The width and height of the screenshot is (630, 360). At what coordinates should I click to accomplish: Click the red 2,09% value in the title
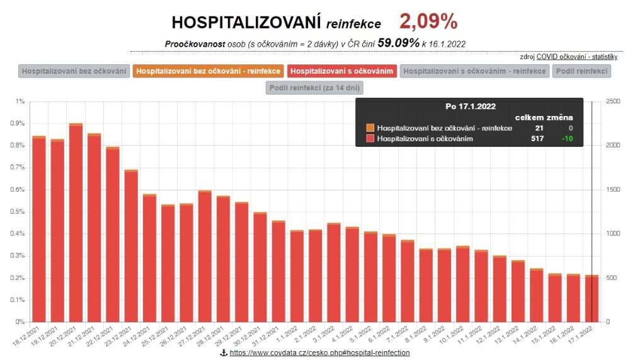428,22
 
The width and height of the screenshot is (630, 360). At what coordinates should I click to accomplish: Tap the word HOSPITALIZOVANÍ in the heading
247,23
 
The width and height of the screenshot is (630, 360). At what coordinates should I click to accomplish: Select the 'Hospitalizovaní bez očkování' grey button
75,71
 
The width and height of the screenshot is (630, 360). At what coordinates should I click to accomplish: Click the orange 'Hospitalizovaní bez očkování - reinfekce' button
208,71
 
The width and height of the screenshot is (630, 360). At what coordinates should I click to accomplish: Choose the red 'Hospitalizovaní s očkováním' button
342,71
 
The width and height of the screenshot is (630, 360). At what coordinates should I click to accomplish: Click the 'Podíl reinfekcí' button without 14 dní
582,71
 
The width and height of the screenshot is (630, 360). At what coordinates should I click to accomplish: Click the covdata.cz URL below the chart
319,353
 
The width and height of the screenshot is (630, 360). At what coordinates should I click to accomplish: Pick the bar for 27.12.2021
205,256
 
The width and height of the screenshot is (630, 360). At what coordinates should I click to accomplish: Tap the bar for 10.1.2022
463,284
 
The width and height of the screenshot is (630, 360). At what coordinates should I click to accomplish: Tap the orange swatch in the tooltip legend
370,128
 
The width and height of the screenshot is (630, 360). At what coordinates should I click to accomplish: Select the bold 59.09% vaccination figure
398,43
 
